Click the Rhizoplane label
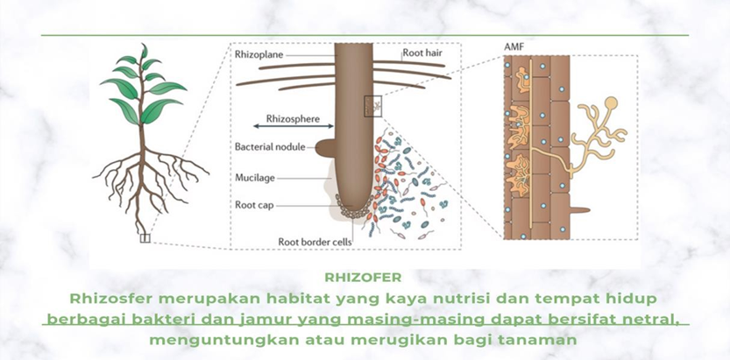(259, 55)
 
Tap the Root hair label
(422, 53)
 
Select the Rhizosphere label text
(293, 118)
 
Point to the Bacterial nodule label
(270, 147)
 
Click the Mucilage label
(255, 178)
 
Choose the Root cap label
(254, 205)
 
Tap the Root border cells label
(315, 242)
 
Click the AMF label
(513, 47)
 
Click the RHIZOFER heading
(363, 278)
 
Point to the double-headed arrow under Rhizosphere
(294, 126)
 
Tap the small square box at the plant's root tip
(145, 238)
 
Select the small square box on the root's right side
(373, 106)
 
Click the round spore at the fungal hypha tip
(610, 102)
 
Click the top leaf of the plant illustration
(144, 51)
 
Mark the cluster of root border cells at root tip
(355, 208)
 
